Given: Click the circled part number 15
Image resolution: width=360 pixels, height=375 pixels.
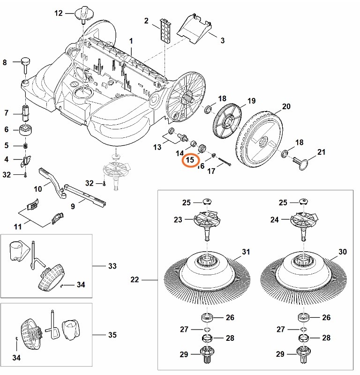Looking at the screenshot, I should point(190,160).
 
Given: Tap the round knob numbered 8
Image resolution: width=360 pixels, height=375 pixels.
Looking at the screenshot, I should point(24,62).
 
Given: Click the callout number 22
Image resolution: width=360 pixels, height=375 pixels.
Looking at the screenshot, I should point(135,280).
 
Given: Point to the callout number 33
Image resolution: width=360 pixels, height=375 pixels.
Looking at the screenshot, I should point(112,266).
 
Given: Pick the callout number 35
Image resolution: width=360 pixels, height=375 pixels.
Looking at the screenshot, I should point(112,335).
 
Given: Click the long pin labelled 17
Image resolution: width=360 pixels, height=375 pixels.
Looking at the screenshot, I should point(224,162).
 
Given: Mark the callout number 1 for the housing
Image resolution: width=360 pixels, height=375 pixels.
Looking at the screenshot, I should point(131,41).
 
